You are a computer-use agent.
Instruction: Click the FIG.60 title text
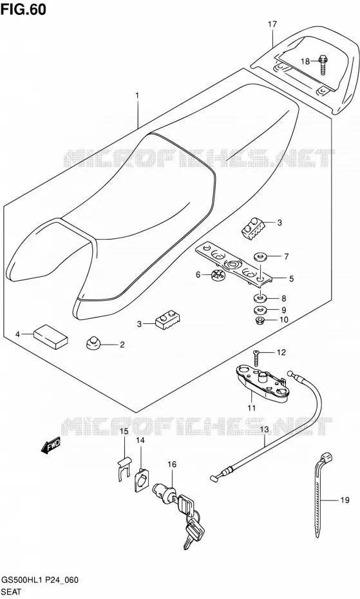coord(23,10)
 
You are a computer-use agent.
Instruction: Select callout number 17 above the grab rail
coord(272,24)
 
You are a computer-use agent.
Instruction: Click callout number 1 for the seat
coord(137,95)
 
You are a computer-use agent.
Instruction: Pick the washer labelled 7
coord(261,256)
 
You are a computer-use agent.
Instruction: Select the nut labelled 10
coord(261,319)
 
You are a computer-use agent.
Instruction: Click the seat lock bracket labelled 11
coord(261,385)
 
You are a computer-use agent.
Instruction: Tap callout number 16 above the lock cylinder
coord(172,464)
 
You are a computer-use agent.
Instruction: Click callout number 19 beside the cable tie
coord(345,500)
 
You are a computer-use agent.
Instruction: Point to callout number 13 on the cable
coord(265,430)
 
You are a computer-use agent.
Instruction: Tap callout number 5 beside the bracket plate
coord(292,279)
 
